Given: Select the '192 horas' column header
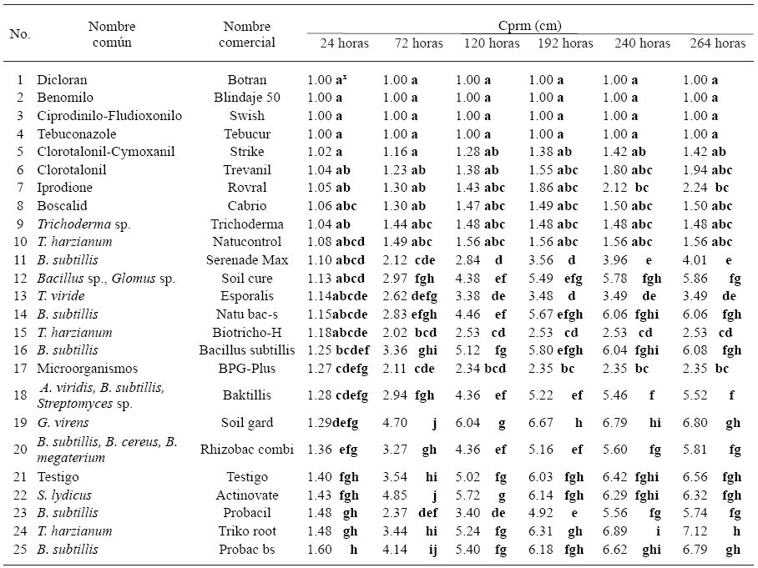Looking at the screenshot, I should coord(566,43).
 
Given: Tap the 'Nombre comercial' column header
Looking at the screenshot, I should coord(247,34).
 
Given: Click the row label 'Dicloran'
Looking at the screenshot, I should coord(62,80).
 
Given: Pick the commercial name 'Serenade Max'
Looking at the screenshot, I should coord(247,260).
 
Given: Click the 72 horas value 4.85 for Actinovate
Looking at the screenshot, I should coord(396,495).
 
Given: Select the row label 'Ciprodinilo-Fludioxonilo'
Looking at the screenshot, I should coord(109,116).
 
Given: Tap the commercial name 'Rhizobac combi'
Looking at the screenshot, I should coord(247,450).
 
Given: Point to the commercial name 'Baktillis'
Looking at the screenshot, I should coord(247,395).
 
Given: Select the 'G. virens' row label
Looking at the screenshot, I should coord(64,423).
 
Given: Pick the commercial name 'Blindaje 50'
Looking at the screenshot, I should coord(247,98).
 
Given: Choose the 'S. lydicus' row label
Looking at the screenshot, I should coord(64,495).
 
